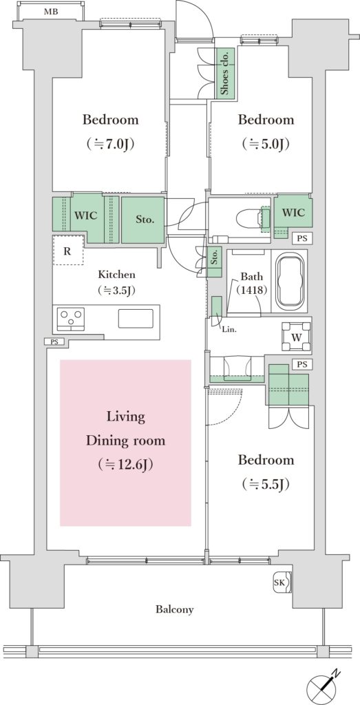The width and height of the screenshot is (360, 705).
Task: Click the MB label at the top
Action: (50, 12)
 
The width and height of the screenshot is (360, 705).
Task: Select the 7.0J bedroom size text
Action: (110, 144)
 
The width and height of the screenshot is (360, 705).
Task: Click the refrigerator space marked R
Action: (67, 251)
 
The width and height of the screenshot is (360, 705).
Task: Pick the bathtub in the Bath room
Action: (290, 282)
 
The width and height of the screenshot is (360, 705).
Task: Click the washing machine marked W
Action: (295, 337)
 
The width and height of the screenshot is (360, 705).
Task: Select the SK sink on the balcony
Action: (283, 582)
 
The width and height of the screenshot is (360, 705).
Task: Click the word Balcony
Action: (175, 610)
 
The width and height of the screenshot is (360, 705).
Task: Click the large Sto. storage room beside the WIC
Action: (143, 220)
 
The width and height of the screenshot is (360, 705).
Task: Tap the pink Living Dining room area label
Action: (125, 441)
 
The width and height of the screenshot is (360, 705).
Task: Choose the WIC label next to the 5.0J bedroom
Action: (293, 212)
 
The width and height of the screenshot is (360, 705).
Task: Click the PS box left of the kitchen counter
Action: (54, 342)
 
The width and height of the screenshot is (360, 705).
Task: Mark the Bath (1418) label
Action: (252, 283)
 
